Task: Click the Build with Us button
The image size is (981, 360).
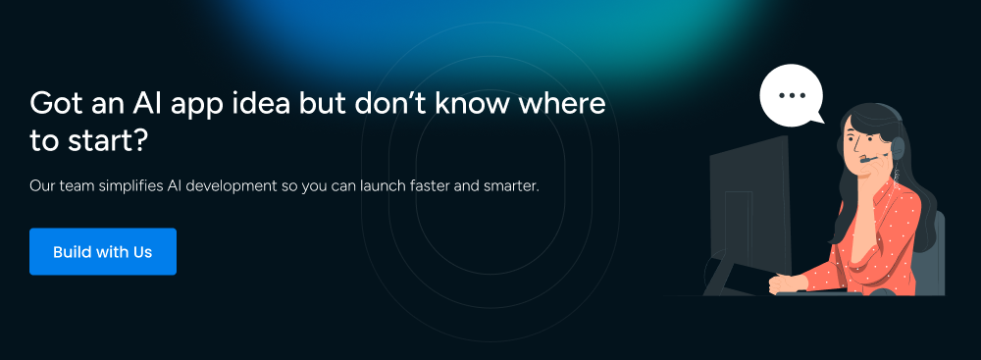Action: (x=103, y=252)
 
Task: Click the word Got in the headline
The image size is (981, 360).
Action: (x=53, y=103)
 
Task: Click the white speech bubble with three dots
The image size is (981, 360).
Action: (x=792, y=94)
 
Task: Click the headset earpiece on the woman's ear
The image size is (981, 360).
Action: (x=898, y=148)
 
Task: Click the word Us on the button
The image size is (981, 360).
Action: (x=142, y=252)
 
